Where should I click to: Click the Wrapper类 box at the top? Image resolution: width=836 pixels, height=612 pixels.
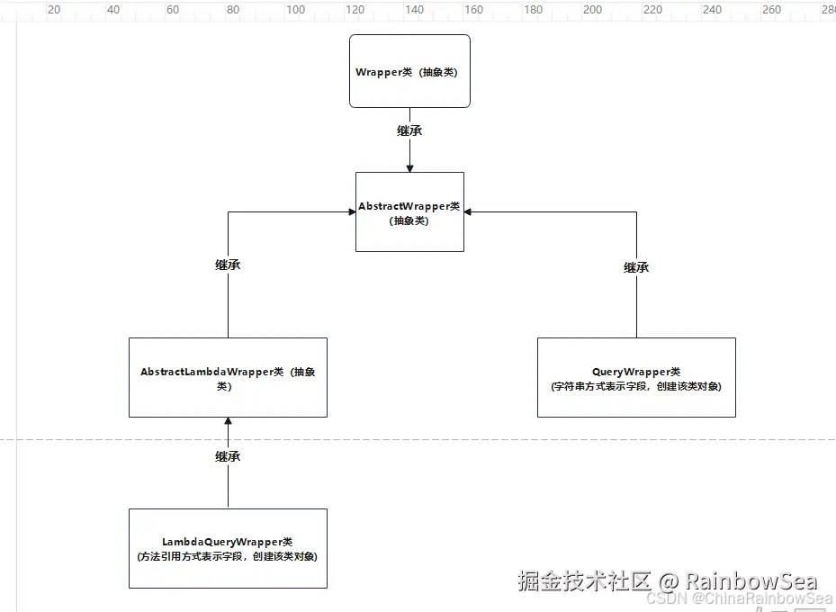(x=409, y=71)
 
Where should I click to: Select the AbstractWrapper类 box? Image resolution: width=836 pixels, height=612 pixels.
(x=409, y=211)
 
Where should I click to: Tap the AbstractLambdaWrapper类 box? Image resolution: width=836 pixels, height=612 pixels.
(x=228, y=377)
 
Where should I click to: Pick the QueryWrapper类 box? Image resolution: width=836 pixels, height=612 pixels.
(x=636, y=377)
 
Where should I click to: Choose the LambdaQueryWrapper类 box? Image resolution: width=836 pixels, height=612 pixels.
(x=228, y=548)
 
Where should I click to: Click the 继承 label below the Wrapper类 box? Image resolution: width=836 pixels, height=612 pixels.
(x=409, y=130)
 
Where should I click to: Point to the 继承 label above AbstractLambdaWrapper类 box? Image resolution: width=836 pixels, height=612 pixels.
(x=228, y=265)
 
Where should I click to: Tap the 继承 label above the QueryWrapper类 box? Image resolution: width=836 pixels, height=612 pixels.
(x=636, y=267)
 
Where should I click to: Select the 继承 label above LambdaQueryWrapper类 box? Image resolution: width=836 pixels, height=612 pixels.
(x=228, y=456)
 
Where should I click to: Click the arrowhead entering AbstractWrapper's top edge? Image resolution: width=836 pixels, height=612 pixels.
(x=409, y=167)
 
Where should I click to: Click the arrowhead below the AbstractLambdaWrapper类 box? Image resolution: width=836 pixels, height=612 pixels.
(x=228, y=422)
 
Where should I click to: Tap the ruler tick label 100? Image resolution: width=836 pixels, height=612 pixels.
(x=295, y=10)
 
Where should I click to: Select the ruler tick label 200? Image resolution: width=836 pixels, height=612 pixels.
(x=592, y=10)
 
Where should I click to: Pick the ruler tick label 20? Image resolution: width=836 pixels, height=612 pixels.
(x=54, y=10)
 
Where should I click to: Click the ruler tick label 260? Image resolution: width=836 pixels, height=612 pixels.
(x=771, y=10)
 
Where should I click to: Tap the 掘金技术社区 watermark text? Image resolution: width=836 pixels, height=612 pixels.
(x=583, y=580)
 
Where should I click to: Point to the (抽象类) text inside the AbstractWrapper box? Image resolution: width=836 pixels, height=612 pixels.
(x=409, y=220)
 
